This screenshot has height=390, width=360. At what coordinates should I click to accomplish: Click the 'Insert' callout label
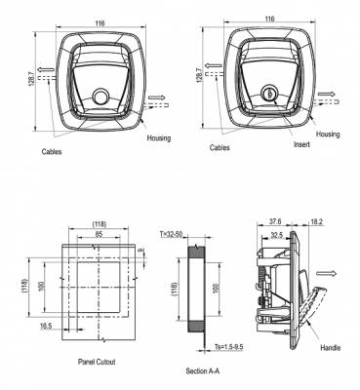301,144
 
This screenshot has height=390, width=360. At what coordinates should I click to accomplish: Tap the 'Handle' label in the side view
330,348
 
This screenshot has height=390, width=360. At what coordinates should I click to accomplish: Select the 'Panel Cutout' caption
97,362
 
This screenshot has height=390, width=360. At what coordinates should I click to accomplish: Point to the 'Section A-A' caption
202,370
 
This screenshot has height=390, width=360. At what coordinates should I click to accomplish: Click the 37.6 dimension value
275,221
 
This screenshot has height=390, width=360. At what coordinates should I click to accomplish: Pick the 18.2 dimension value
316,221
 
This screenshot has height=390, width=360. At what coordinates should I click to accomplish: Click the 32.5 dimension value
276,234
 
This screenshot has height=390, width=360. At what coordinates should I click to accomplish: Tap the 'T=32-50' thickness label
171,234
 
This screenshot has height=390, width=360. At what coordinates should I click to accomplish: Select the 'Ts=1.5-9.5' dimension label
229,347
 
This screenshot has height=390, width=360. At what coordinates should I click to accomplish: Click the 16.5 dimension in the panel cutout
46,326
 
